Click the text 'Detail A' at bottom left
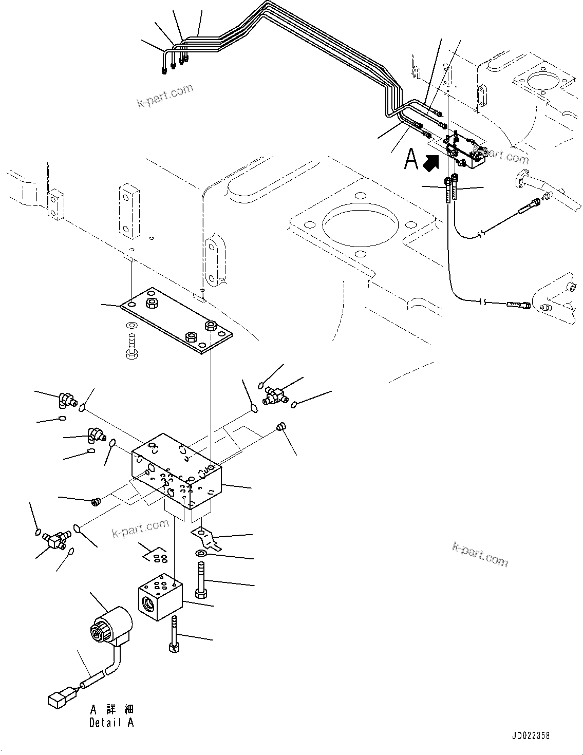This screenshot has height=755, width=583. [x=111, y=723]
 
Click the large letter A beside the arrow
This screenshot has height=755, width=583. [x=411, y=159]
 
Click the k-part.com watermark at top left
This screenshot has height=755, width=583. [x=165, y=96]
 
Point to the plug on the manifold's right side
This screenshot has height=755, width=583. [x=281, y=426]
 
